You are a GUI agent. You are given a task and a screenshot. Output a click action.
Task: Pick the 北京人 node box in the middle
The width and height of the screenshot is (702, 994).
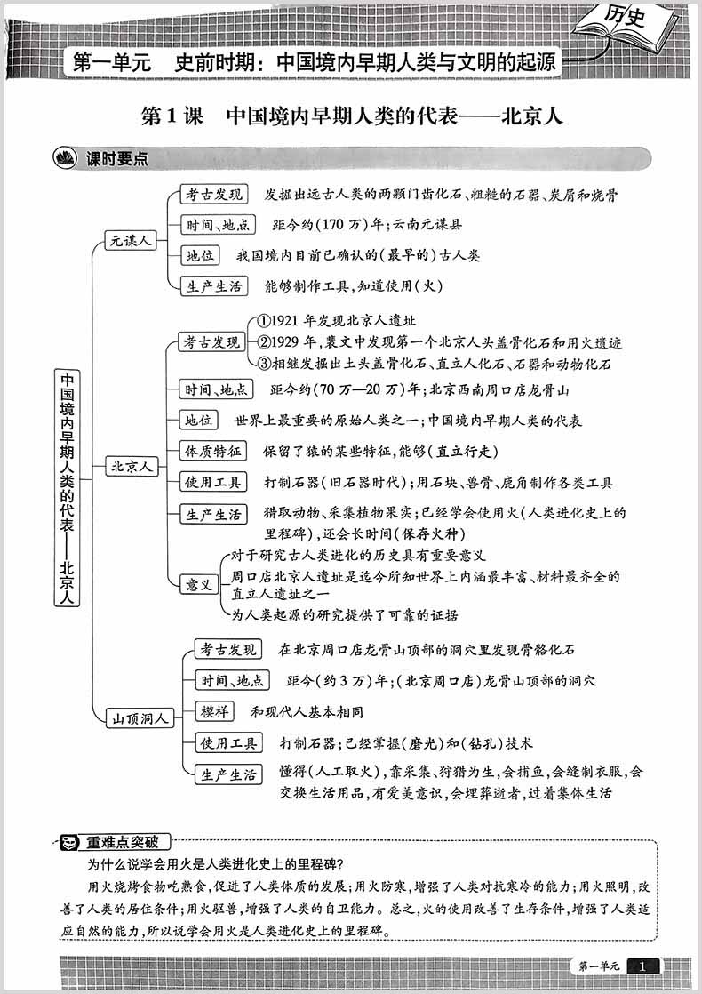click(x=130, y=466)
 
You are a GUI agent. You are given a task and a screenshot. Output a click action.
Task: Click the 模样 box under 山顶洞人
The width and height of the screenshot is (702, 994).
click(x=216, y=712)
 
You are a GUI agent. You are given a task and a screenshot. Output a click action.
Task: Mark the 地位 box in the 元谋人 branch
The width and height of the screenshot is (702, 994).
click(x=200, y=255)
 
